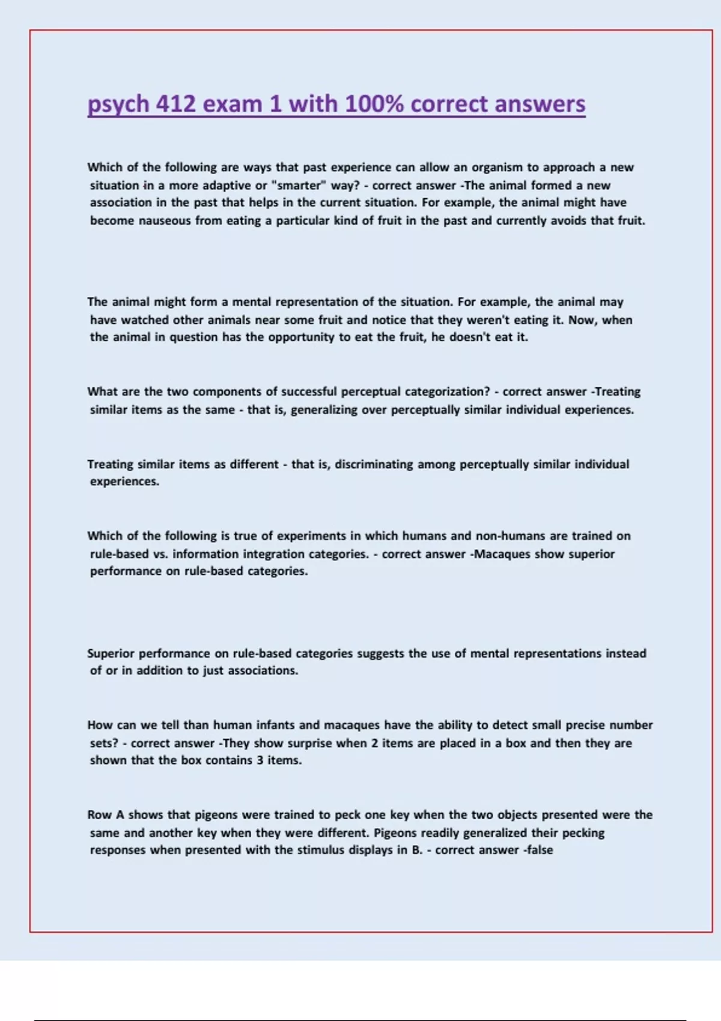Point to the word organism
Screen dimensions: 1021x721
pos(497,168)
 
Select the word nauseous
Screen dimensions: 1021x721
pos(165,221)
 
